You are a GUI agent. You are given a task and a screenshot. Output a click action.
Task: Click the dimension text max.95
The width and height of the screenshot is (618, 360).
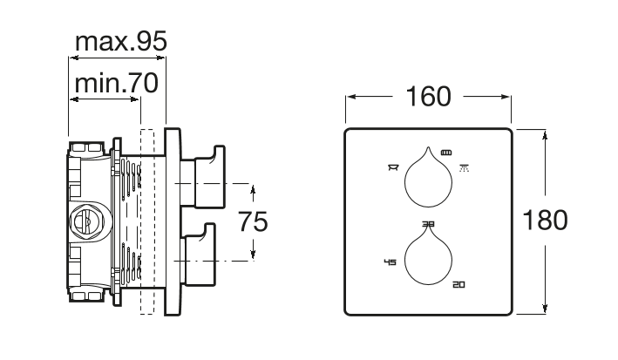[x=119, y=41]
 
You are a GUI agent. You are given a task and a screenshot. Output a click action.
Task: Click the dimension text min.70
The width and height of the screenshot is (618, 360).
[x=114, y=84]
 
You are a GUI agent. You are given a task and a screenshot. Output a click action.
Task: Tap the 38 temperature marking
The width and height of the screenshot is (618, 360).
[x=429, y=224]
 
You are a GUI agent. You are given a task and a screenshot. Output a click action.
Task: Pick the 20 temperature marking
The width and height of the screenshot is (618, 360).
[x=458, y=284]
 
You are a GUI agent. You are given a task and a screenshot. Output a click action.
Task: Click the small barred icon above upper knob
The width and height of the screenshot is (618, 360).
[x=445, y=152]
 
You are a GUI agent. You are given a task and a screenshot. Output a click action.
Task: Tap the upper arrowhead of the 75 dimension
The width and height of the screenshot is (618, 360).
[x=252, y=188]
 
